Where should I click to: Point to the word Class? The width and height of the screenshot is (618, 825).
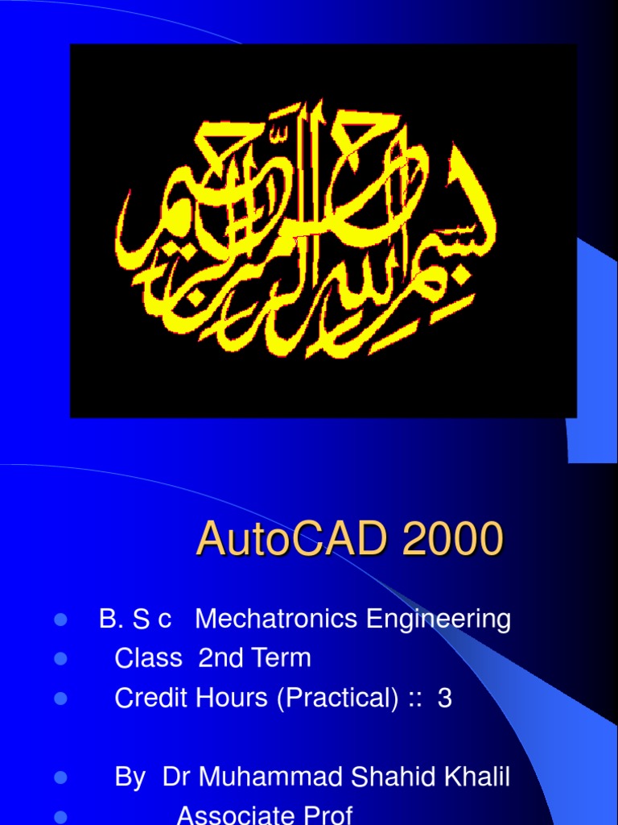(149, 658)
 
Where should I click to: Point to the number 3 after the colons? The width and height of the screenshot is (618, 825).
(444, 699)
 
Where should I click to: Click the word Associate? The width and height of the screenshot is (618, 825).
(234, 815)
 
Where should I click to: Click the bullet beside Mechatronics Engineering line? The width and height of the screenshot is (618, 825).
(60, 620)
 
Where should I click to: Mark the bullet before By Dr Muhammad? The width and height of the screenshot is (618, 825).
(60, 778)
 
